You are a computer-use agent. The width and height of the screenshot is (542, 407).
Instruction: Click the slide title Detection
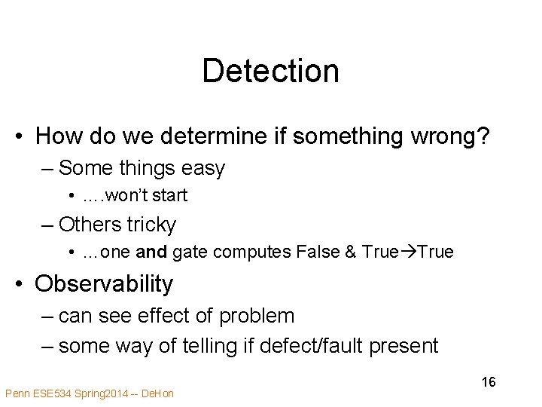click(x=270, y=71)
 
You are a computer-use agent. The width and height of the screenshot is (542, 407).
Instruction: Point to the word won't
click(x=129, y=196)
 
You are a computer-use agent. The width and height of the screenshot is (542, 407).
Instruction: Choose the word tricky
click(x=151, y=225)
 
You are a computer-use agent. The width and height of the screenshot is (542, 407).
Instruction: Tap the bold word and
click(x=152, y=252)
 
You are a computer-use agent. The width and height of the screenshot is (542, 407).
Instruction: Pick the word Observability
click(x=104, y=284)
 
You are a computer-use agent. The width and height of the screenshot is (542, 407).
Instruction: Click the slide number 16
click(x=489, y=382)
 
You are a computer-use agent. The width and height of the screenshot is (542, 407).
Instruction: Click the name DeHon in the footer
click(x=157, y=393)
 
